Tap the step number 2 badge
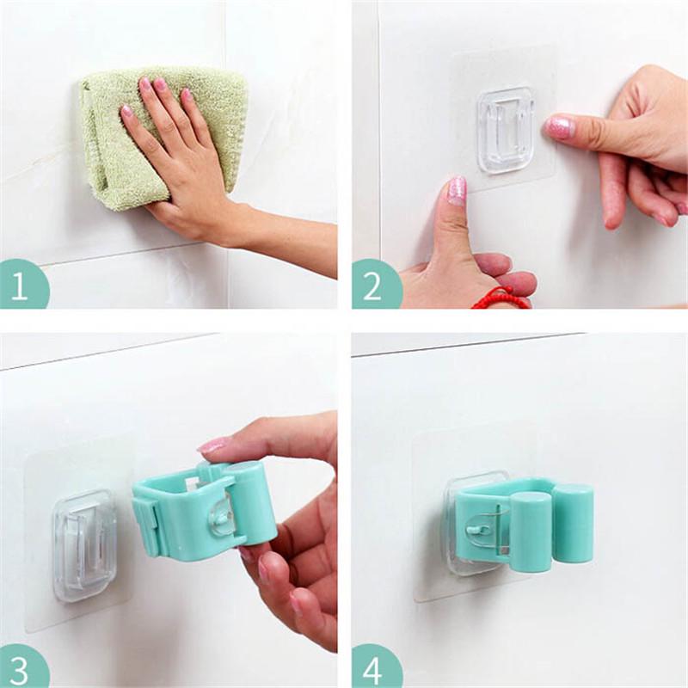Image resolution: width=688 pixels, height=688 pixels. click(375, 285)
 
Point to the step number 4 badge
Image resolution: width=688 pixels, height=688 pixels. click(375, 667)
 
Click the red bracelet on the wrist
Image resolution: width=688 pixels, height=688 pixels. click(501, 298)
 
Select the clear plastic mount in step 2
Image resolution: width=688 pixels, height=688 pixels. click(506, 129)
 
